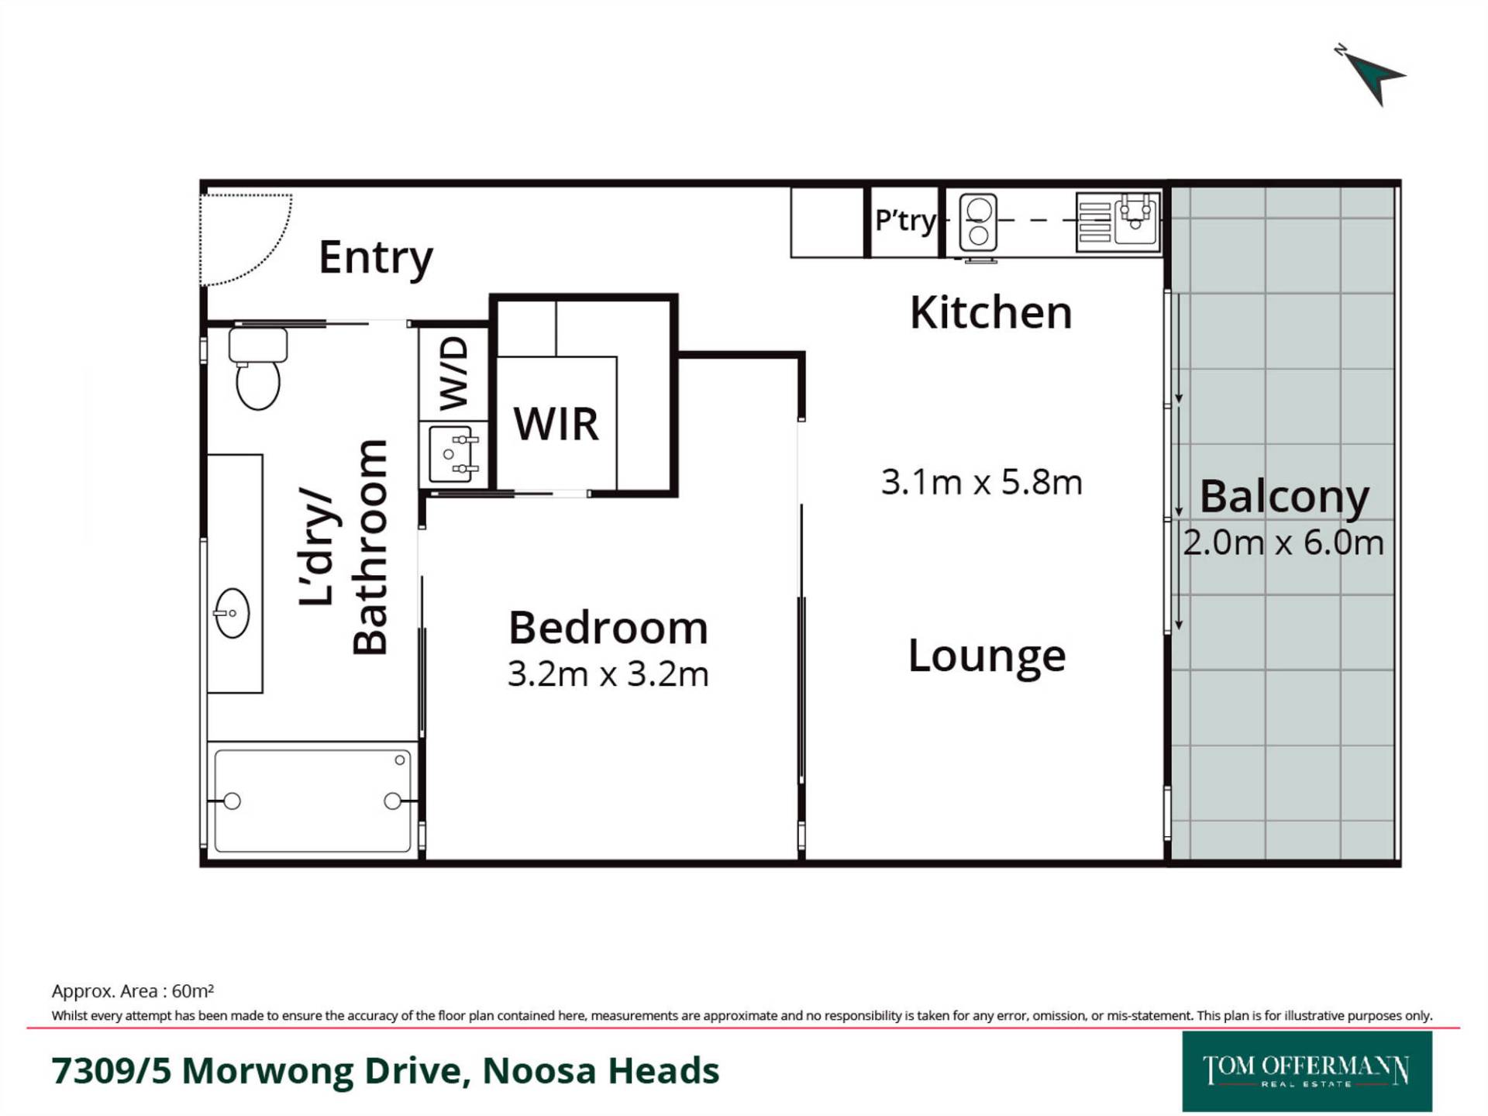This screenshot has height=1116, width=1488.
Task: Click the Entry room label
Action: [x=376, y=258]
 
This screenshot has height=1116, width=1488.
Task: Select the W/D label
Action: [x=454, y=373]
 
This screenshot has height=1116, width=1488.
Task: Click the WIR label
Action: [x=556, y=424]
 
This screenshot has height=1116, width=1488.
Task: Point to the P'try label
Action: [x=904, y=221]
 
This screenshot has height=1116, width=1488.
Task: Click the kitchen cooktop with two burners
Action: [x=978, y=222]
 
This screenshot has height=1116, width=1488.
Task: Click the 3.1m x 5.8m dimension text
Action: [x=981, y=482]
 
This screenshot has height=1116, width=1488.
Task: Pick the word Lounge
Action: [x=987, y=656]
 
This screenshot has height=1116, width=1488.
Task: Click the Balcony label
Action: [x=1284, y=497]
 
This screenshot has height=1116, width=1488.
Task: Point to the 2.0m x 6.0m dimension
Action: [x=1283, y=542]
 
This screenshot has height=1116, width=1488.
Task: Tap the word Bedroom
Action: [x=608, y=627]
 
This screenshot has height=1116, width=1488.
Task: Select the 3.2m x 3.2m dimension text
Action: [x=608, y=674]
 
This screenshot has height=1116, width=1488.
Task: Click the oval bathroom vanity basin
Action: [x=232, y=613]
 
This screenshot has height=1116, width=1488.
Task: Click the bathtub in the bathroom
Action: [x=312, y=801]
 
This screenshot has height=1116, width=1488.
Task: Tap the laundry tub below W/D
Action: [x=453, y=454]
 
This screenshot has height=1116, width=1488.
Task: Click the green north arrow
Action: [x=1373, y=77]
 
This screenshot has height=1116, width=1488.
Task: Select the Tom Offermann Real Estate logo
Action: [x=1307, y=1071]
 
